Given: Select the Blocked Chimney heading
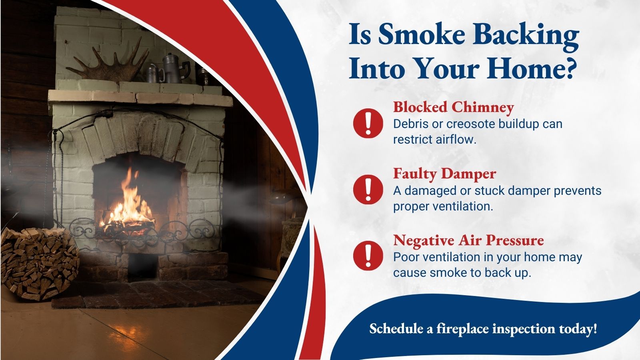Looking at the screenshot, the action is [454, 108].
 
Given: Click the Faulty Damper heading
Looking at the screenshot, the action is [444, 174].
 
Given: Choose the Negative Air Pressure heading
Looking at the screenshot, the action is [468, 240].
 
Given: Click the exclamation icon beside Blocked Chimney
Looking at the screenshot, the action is [368, 124].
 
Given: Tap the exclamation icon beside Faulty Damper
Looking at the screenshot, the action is [368, 190].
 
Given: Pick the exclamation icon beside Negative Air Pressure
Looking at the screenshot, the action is [368, 256].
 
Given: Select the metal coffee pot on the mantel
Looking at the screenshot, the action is [175, 68].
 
